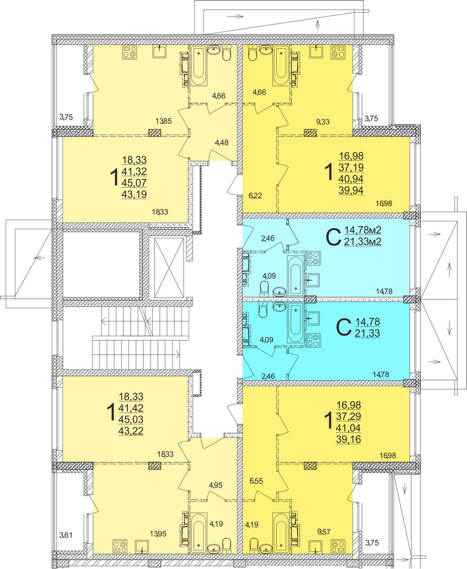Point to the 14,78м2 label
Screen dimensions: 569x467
point(361,230)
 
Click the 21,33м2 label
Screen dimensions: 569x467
point(361,242)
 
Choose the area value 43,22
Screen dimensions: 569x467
point(133,430)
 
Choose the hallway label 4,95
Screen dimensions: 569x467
point(216,485)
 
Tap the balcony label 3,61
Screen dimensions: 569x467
point(68,535)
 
